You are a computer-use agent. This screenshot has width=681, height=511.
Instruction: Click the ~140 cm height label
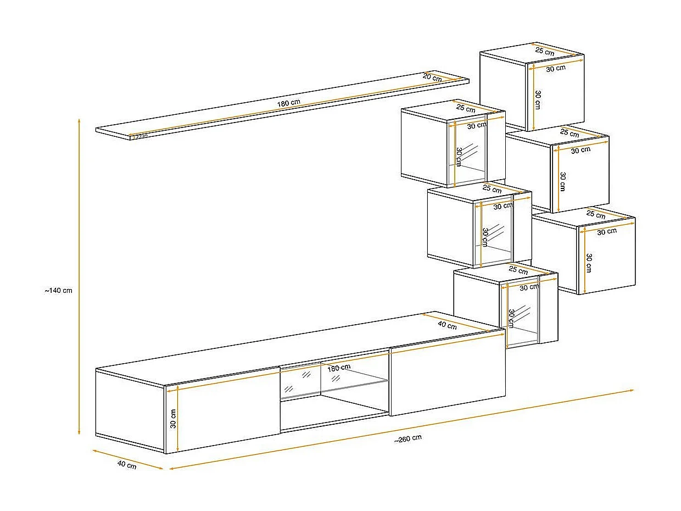coord(58,291)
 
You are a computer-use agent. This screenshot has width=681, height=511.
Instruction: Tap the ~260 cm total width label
coord(408,438)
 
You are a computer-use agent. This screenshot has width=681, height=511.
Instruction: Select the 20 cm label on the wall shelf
coord(432,78)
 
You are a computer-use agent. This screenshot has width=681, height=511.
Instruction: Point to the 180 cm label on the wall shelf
coord(289,103)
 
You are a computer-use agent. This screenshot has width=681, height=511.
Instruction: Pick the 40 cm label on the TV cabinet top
coord(447,325)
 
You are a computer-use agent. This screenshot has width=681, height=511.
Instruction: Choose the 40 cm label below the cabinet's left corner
coord(127,465)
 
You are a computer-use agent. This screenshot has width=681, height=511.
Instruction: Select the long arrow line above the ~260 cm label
coord(401,429)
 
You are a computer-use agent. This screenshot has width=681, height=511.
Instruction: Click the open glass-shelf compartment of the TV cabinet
coord(333,396)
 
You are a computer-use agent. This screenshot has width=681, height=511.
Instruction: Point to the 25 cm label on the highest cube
coord(545,51)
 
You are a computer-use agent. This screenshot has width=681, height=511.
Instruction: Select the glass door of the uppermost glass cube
coord(468,154)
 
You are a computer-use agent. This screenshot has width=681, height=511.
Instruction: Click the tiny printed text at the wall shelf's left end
coord(140,136)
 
